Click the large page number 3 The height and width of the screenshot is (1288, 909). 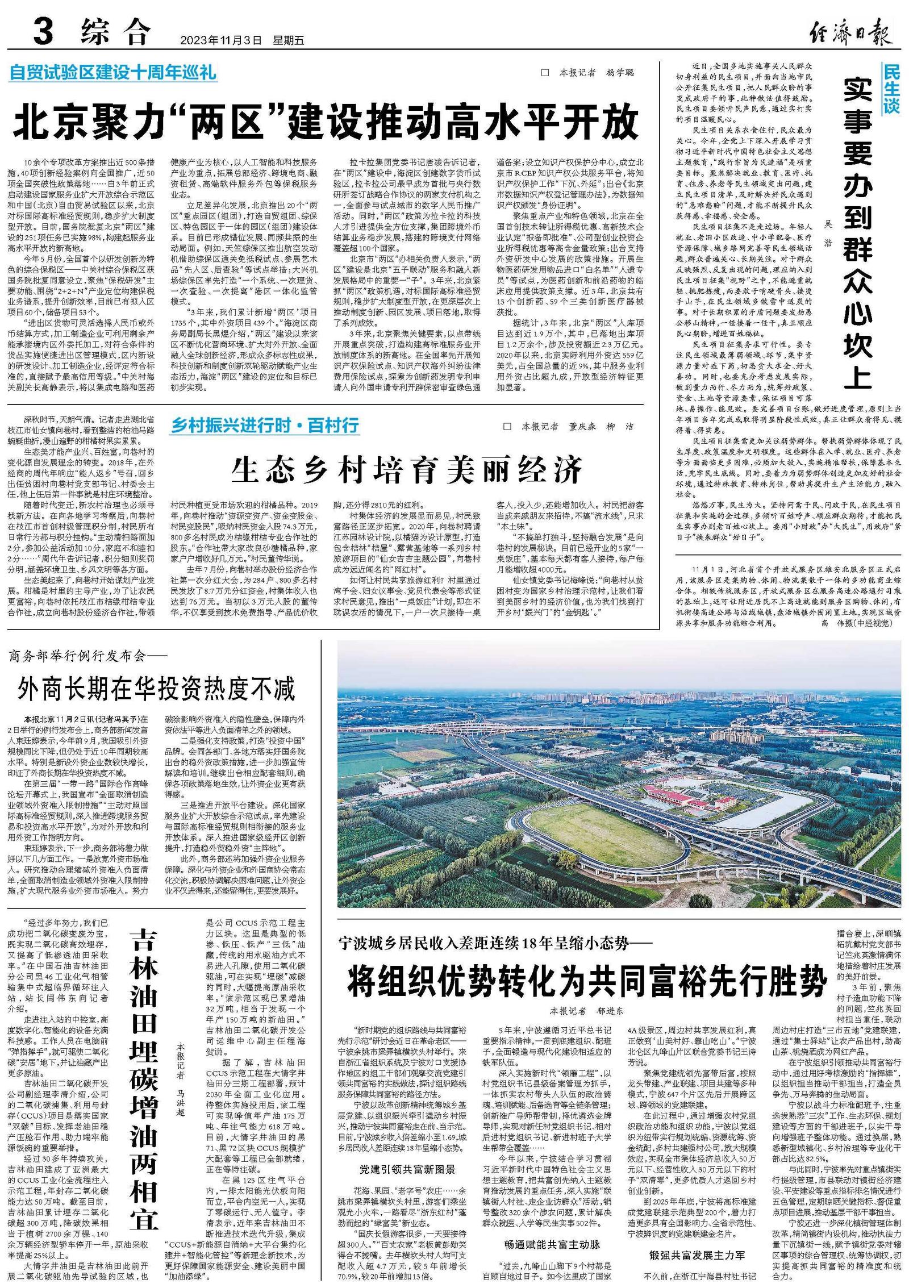pos(43,32)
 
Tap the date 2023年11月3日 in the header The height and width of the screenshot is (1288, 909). pos(222,41)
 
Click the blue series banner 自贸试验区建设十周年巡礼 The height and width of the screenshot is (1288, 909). pos(112,73)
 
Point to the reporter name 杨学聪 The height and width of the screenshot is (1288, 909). pos(620,73)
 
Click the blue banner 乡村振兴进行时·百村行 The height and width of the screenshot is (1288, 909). pos(265,426)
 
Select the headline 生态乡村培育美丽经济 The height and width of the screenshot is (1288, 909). pos(407,470)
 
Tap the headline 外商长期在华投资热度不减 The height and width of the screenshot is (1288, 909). pos(156,689)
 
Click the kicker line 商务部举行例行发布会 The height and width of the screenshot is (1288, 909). pos(88,657)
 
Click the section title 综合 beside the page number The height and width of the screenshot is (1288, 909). pos(115,32)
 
